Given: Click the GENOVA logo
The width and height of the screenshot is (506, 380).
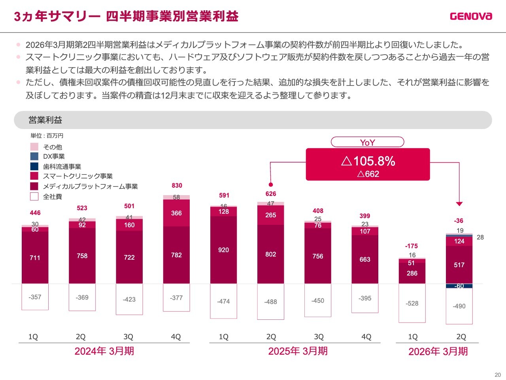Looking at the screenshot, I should coord(471,16).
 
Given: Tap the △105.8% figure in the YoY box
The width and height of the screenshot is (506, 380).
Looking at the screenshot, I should coord(368,161).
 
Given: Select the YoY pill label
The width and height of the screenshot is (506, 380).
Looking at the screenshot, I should coord(367,142).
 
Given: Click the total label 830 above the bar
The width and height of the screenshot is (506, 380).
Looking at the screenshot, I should coord(177,185).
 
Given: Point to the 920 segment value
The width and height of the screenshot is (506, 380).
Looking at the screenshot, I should coord(223,250).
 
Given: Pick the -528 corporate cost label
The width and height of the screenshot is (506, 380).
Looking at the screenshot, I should coord(412,303).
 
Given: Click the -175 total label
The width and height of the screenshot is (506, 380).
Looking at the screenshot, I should coord(412,246).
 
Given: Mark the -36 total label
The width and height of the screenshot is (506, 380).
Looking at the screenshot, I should coord(459,220).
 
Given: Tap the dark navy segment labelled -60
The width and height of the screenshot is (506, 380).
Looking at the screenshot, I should coord(459,286).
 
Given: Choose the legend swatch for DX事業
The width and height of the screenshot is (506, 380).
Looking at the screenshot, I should coord(34,156).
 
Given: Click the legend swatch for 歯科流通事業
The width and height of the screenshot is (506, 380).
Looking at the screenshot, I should coord(34,166).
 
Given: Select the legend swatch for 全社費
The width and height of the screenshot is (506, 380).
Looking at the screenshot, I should coord(34,196).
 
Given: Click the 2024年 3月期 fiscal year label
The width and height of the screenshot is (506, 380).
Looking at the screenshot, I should coord(104,351).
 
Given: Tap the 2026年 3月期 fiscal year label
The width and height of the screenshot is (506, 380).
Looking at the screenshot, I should coord(438,351).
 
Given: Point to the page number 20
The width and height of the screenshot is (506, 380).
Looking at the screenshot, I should coord(497,375).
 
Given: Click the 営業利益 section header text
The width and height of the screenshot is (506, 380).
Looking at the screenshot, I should coord(45,120).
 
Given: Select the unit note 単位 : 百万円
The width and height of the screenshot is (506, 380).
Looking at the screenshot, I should coord(47,135).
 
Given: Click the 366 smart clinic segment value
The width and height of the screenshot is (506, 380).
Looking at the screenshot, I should coord(176,213).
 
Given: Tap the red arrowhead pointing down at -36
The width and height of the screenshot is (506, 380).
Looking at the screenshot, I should coord(459,204).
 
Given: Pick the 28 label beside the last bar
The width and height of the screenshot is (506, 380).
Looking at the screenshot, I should coord(480,237).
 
